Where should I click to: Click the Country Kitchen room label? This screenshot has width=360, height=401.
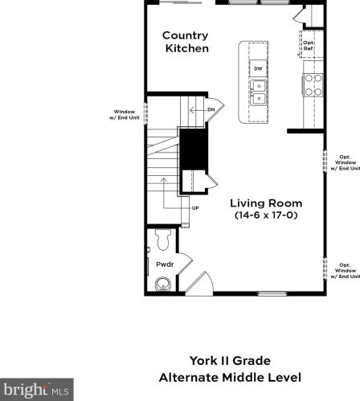(x=186, y=42)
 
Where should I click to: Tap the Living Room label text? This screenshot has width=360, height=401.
(x=266, y=203)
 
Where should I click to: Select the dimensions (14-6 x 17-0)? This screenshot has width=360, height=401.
(x=266, y=215)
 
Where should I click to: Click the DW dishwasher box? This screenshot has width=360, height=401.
(x=258, y=68)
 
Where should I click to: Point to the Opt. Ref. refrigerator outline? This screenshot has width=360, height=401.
(x=311, y=44)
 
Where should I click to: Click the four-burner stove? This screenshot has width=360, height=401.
(x=313, y=85)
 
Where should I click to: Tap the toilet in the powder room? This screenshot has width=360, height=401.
(x=163, y=239)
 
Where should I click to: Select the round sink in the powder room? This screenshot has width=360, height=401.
(x=163, y=284)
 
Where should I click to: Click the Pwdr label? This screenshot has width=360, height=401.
(x=165, y=264)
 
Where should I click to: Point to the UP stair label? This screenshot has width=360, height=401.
(x=195, y=208)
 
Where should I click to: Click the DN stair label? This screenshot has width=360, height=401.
(x=211, y=109)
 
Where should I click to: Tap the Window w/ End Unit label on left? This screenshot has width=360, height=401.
(x=125, y=115)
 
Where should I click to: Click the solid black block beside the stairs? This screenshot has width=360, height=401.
(x=194, y=149)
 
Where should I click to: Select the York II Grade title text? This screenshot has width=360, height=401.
(x=230, y=361)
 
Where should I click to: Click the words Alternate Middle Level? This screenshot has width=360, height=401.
(x=230, y=378)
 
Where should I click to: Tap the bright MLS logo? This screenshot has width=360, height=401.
(x=37, y=390)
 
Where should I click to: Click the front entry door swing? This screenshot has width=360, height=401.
(x=199, y=284)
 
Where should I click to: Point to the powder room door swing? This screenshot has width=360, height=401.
(x=185, y=264)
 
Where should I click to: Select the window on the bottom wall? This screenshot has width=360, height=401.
(x=272, y=294)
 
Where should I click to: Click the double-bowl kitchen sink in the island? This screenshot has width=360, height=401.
(x=259, y=92)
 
